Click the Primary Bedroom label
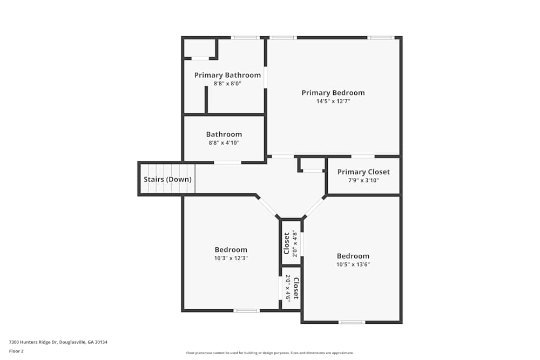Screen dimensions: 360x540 333,93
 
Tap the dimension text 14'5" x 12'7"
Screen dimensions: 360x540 333,101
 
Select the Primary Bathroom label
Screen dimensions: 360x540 227,75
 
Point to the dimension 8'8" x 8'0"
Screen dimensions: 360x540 227,84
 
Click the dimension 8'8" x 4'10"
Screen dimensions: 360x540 224,143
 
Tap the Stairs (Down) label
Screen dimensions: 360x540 167,180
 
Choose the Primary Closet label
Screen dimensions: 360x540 363,172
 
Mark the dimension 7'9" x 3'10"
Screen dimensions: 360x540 363,180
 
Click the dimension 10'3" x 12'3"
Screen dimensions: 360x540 231,258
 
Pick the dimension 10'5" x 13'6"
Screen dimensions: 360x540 353,264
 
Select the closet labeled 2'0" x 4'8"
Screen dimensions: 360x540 291,243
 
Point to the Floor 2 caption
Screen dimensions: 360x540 16,351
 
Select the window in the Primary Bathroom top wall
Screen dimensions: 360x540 245,38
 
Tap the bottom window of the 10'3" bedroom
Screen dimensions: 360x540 246,310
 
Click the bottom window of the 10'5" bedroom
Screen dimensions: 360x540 352,322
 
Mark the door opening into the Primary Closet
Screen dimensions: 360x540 363,157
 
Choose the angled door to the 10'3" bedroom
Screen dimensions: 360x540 267,207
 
